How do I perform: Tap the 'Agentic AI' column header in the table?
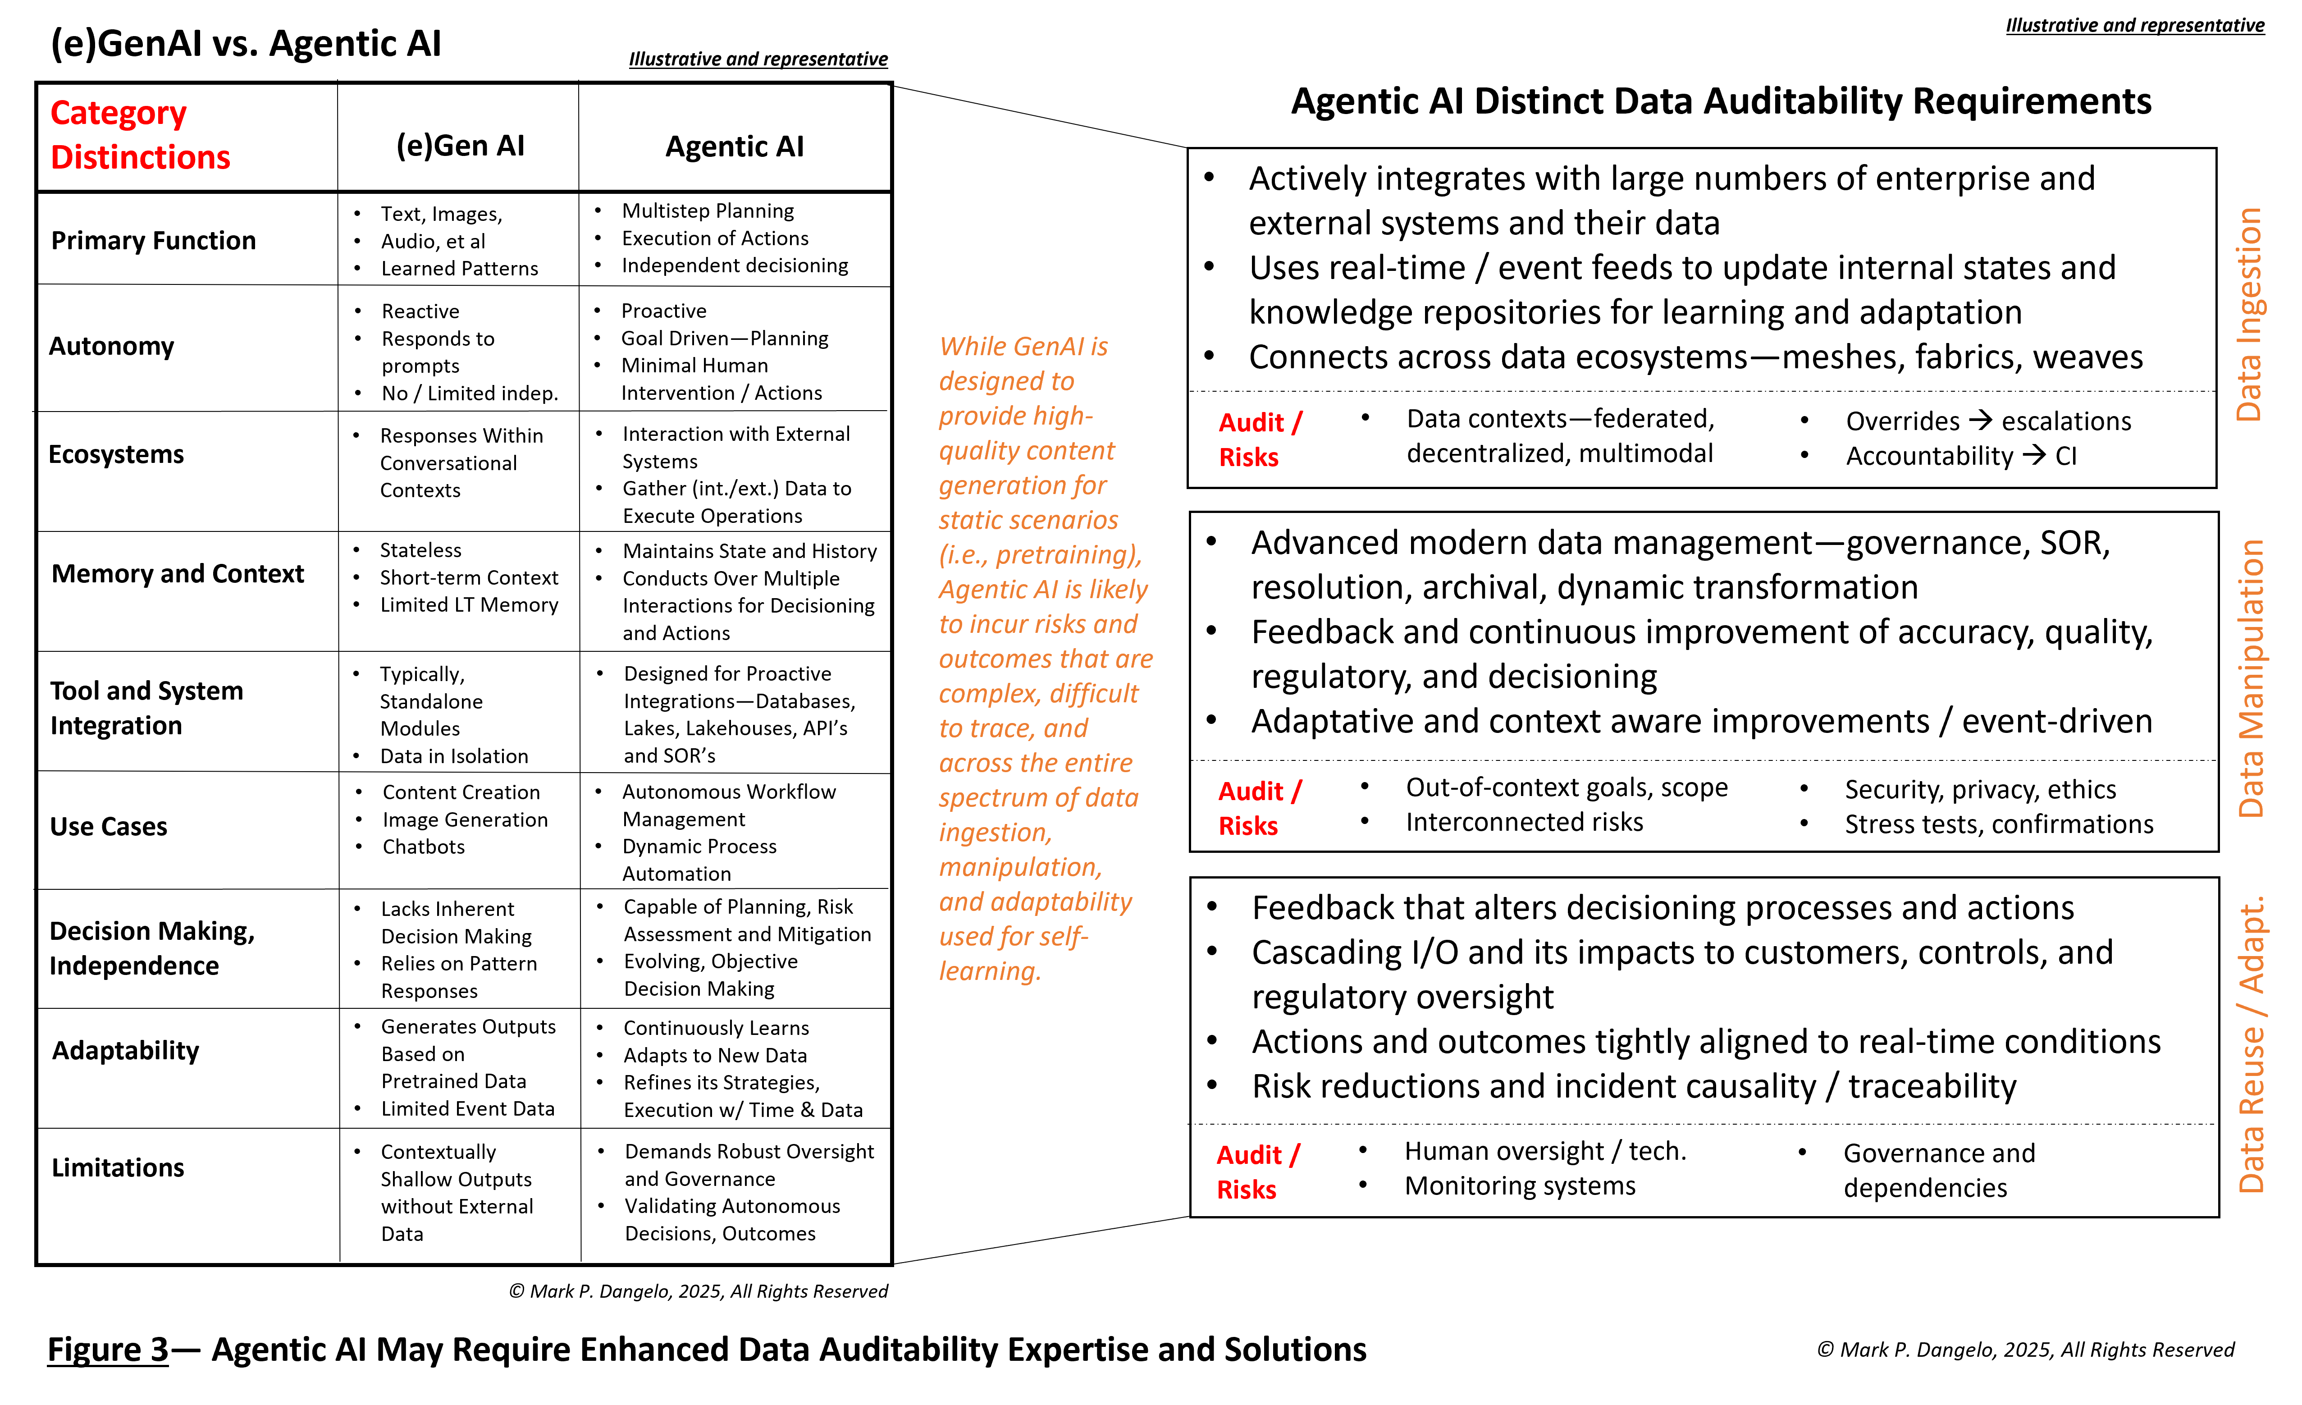[x=734, y=146]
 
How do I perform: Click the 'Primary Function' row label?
[x=153, y=241]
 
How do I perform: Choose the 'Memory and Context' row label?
[x=178, y=573]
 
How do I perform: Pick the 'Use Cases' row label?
[x=108, y=827]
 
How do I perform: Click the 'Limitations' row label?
[x=118, y=1168]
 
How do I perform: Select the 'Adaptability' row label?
[x=125, y=1051]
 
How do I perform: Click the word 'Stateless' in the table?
[x=420, y=550]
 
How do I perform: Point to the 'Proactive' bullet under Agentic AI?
[x=663, y=311]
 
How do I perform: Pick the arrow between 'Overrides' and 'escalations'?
[x=1980, y=421]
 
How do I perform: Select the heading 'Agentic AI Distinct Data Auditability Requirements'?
[x=1721, y=101]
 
